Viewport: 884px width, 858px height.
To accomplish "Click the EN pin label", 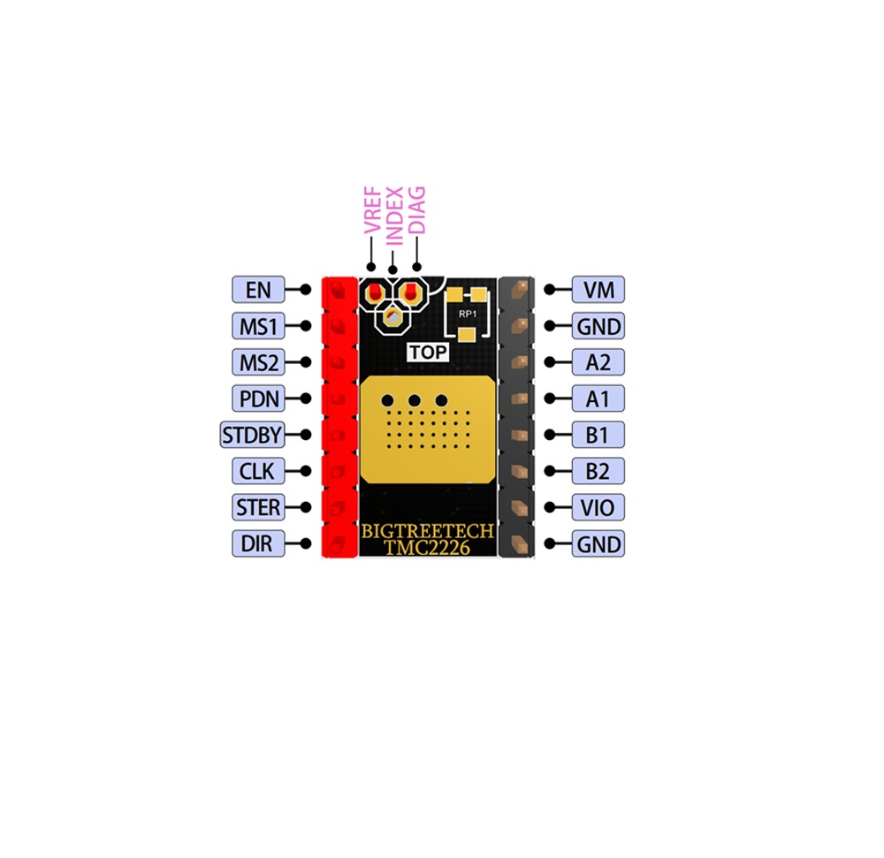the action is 258,290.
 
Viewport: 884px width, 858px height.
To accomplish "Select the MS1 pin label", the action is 258,326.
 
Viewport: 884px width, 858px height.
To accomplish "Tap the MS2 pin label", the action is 258,362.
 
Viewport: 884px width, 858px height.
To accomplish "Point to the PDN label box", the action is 258,399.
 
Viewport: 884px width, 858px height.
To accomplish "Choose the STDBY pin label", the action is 252,435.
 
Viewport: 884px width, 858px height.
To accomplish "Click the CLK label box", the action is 258,471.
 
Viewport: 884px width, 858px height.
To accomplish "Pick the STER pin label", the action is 258,507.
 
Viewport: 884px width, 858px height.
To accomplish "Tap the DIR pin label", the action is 258,543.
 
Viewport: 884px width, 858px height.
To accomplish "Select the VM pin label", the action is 598,290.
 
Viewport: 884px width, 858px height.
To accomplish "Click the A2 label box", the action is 598,362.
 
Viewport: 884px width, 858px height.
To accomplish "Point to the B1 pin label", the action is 598,435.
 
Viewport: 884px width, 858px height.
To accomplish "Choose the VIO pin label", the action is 598,507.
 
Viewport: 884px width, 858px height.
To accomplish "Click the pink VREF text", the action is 373,210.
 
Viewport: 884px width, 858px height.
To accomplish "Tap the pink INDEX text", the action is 394,216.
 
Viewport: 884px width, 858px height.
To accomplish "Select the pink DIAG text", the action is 416,209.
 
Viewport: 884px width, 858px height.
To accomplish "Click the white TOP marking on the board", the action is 428,352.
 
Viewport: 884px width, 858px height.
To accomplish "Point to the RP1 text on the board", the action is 468,314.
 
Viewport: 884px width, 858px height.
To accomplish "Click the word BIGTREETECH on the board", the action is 427,531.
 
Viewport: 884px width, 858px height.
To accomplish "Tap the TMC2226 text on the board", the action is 427,548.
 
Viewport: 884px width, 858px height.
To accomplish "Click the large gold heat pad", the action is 428,430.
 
